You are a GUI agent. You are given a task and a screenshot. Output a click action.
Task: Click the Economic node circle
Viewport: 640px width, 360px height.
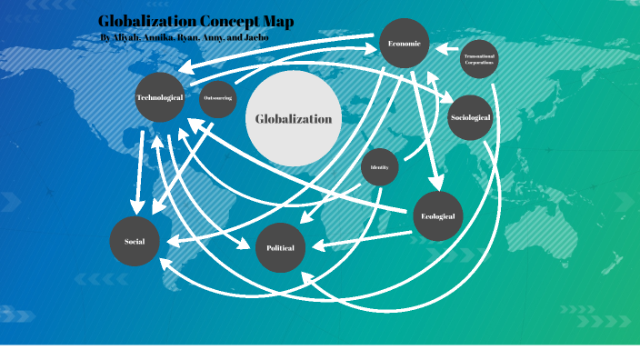click(404, 43)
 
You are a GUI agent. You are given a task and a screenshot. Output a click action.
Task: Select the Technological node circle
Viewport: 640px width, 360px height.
click(160, 96)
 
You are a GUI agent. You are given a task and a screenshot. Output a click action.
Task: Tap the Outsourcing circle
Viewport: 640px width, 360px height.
click(218, 98)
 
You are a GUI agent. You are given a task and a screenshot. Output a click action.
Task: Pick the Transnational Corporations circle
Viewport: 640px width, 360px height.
click(479, 59)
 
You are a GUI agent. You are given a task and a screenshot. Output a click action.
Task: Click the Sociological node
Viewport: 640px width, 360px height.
click(470, 117)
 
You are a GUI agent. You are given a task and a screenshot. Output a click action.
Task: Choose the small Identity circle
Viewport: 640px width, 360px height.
click(380, 167)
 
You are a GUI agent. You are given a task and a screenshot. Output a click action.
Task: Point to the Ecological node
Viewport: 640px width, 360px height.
click(439, 216)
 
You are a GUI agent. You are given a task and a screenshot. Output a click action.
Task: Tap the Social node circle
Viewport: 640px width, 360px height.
click(135, 241)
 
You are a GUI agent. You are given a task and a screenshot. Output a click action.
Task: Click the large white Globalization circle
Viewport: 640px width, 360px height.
click(293, 119)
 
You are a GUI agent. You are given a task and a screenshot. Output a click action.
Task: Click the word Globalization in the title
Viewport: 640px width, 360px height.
click(145, 22)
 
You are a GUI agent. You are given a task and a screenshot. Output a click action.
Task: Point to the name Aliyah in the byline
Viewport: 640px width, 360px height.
click(125, 38)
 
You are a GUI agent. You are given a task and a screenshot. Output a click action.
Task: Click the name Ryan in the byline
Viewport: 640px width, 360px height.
click(181, 38)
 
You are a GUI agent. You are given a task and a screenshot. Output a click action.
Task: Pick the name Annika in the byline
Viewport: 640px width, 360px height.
click(155, 38)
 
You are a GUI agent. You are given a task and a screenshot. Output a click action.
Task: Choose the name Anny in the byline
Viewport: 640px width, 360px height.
click(208, 38)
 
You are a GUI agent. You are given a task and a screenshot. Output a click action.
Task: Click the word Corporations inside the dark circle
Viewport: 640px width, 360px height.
click(479, 63)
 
